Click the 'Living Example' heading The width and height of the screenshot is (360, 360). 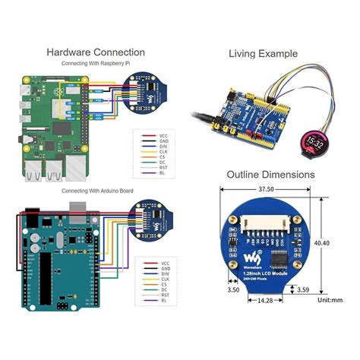point(263,53)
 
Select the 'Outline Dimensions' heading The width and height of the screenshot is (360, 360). point(270,175)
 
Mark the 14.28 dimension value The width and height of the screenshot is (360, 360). point(264,301)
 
